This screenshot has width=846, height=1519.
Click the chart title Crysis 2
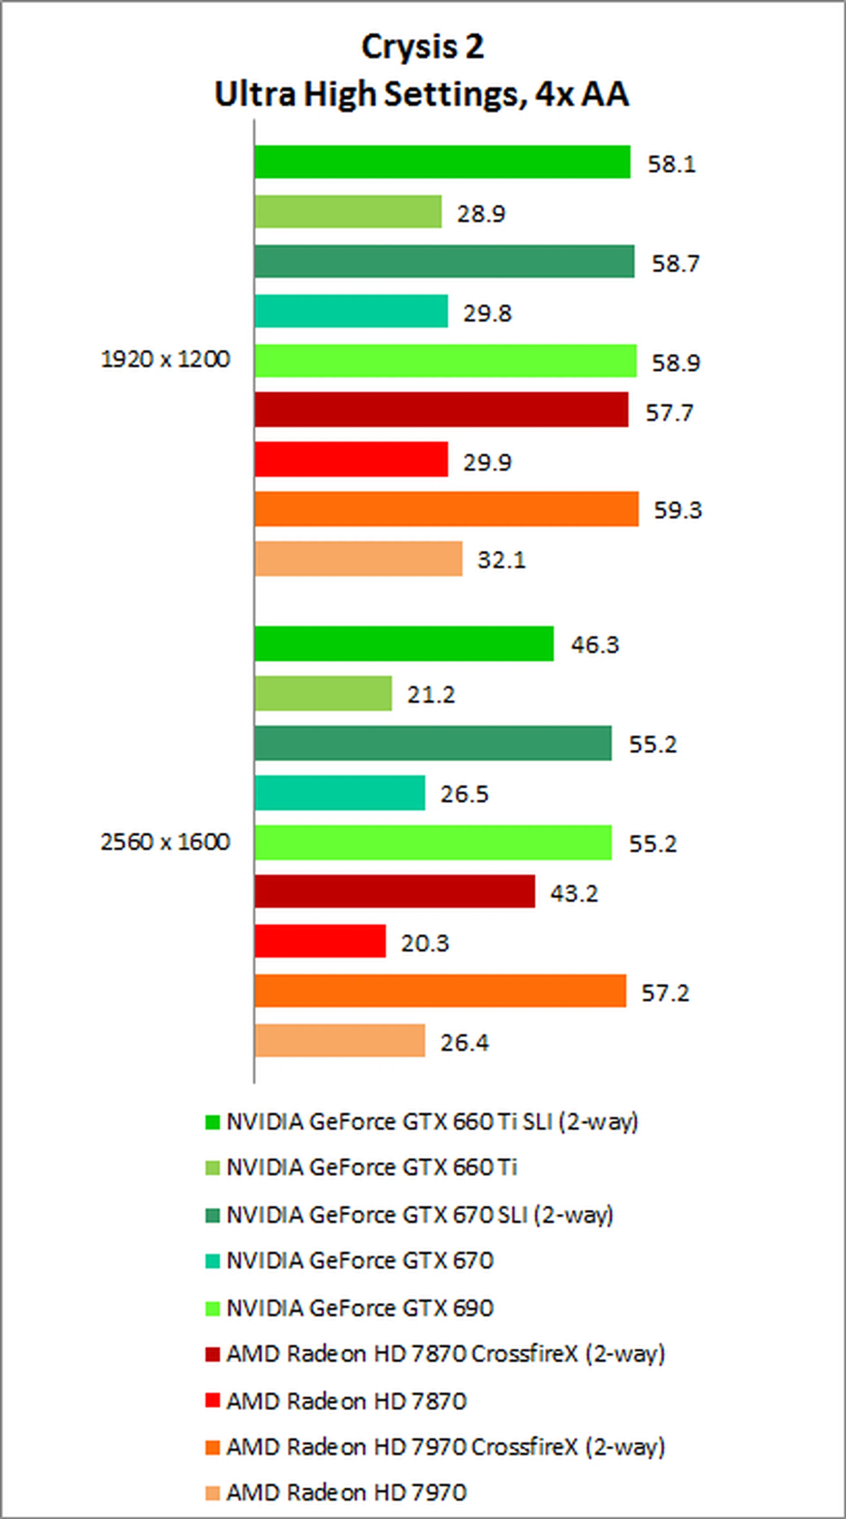tap(423, 47)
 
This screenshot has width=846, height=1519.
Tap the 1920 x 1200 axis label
tap(165, 359)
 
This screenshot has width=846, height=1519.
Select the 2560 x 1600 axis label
tap(165, 841)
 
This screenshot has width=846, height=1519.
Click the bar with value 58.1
tap(442, 162)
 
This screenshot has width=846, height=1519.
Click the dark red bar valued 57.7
tap(442, 410)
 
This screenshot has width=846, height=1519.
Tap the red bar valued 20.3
tap(320, 941)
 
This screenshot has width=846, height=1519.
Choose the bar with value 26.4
tap(340, 1041)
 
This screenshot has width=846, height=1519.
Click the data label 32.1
tap(501, 559)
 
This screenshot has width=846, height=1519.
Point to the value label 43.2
tap(574, 894)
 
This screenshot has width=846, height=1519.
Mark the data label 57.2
tap(665, 993)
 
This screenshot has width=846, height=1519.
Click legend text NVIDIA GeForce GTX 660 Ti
tap(372, 1167)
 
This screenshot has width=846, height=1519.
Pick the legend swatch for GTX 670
tap(212, 1261)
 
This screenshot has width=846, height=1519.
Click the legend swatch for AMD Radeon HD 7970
tap(212, 1493)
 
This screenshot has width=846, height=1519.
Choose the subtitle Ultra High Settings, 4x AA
tap(423, 94)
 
